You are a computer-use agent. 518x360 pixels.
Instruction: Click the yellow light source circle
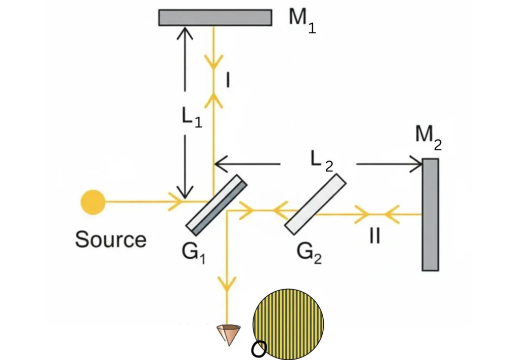coord(93,203)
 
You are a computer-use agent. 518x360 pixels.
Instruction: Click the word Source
coord(111,239)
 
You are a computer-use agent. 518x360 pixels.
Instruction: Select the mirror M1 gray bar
coord(215,17)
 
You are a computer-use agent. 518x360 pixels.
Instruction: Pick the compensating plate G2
coord(316,205)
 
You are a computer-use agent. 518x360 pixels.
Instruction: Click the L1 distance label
coord(192,117)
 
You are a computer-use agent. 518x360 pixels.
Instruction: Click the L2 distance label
coord(321,162)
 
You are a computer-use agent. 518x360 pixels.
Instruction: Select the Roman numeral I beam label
coord(228,79)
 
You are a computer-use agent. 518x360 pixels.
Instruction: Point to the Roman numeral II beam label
coord(374,236)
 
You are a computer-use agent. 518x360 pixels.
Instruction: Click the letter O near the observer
coord(258,349)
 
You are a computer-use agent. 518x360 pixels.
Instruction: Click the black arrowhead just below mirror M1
coord(185,32)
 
